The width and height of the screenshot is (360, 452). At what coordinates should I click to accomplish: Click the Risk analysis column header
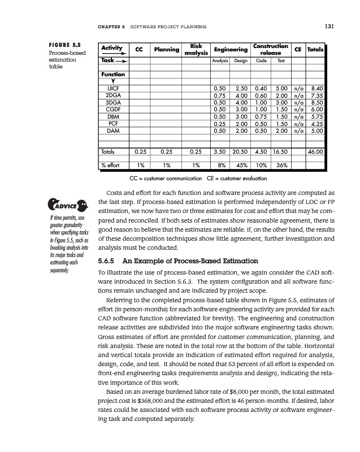click(x=196, y=50)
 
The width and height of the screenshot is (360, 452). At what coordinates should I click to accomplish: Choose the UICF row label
click(x=112, y=88)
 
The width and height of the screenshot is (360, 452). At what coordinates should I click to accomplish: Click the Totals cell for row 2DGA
click(x=316, y=97)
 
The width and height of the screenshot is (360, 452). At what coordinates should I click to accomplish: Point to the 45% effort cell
click(x=240, y=166)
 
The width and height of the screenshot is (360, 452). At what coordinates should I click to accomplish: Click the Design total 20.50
click(x=240, y=151)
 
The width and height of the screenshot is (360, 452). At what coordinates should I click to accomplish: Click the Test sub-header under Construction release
click(x=281, y=60)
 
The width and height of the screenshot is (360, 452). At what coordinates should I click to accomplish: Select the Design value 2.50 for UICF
click(x=241, y=88)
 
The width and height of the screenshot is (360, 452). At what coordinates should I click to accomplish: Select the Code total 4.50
click(x=261, y=151)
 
